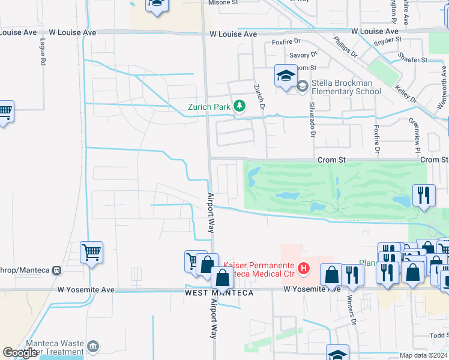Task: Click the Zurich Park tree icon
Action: click(x=240, y=107)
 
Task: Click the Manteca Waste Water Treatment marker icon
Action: click(x=93, y=346)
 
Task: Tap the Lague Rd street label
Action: click(x=43, y=52)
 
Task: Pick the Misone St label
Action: click(x=223, y=3)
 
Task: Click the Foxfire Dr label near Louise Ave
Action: click(x=285, y=42)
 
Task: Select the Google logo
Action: click(x=20, y=353)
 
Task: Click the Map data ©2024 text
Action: click(x=423, y=356)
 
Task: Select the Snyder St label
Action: click(x=387, y=40)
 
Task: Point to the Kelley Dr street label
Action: click(x=405, y=94)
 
